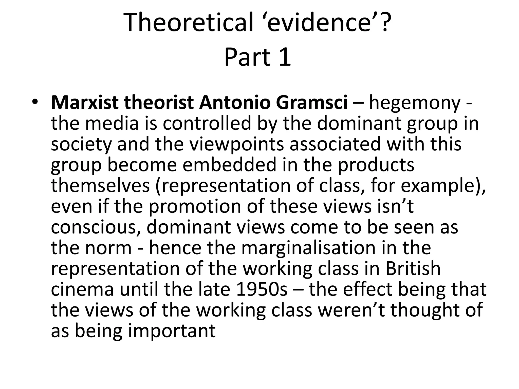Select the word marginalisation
click(x=308, y=248)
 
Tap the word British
click(x=413, y=269)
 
